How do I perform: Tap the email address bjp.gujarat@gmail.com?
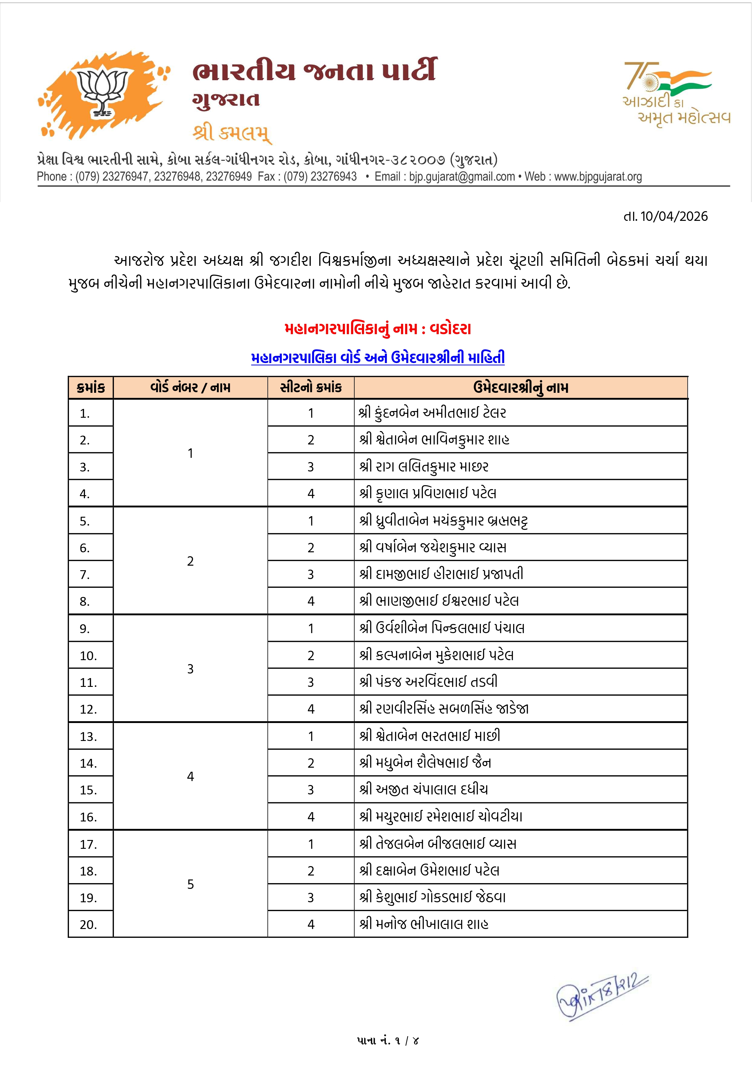coord(462,177)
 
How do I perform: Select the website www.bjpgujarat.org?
coord(598,177)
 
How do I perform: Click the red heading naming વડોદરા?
coord(377,329)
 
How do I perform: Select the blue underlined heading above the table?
coord(377,358)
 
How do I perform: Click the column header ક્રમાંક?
coord(91,388)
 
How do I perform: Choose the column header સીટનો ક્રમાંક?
coord(311,388)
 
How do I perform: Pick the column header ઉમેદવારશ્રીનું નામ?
coord(520,388)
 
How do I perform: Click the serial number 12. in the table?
coord(89,709)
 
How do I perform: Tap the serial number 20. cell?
coord(89,925)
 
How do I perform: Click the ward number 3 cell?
coord(190,669)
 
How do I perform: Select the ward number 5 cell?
coord(190,884)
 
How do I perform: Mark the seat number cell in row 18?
coord(311,871)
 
